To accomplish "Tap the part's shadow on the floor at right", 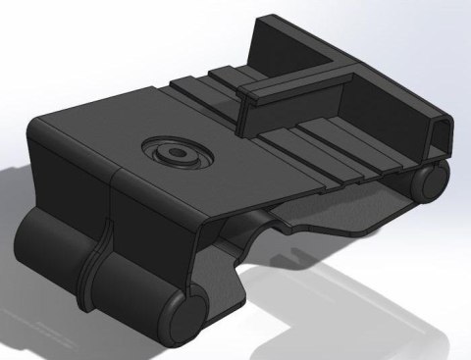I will (x=392, y=294).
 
